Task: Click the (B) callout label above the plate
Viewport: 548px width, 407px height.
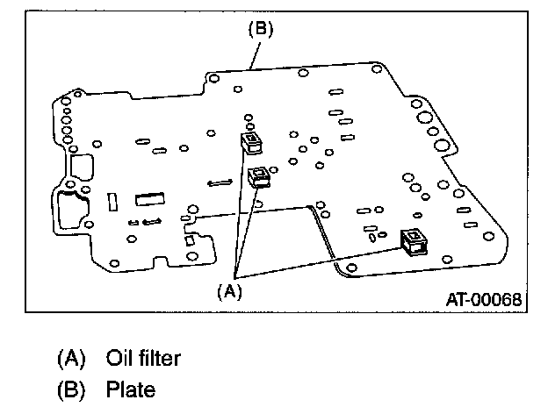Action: (x=260, y=29)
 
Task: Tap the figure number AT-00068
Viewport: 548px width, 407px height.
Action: (x=481, y=299)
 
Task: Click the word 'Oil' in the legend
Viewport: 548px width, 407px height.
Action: (x=119, y=358)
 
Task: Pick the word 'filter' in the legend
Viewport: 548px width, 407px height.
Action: (x=162, y=358)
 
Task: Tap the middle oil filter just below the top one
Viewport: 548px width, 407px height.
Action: (x=258, y=176)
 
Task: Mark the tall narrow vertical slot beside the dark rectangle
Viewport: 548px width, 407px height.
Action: (x=112, y=202)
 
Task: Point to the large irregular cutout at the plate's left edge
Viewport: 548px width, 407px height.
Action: (x=73, y=211)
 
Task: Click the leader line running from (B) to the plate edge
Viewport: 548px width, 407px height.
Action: (x=255, y=52)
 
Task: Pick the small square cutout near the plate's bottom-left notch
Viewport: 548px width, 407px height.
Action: (x=189, y=240)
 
